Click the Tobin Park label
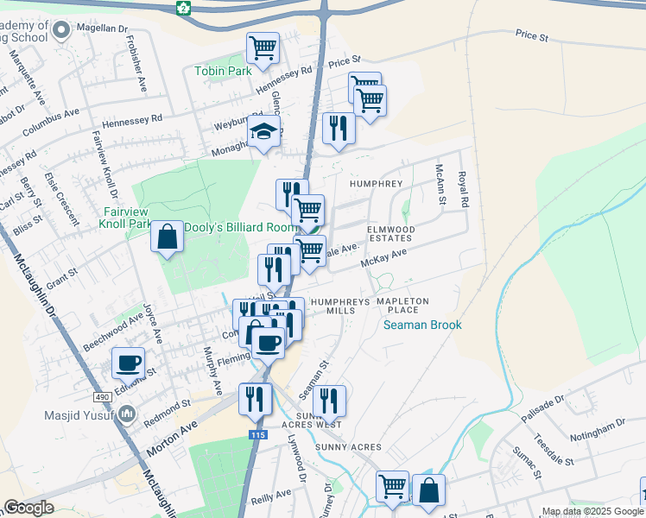coord(223,71)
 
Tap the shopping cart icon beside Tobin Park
coord(263,47)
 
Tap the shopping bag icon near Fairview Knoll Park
coord(167,237)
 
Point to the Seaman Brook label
coord(423,325)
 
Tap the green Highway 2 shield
coord(183,8)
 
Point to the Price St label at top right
coord(532,37)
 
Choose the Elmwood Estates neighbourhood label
coord(391,233)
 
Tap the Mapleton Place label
coord(402,306)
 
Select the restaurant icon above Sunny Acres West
coord(329,400)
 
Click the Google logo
coord(28,508)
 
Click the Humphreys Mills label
coord(322,306)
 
